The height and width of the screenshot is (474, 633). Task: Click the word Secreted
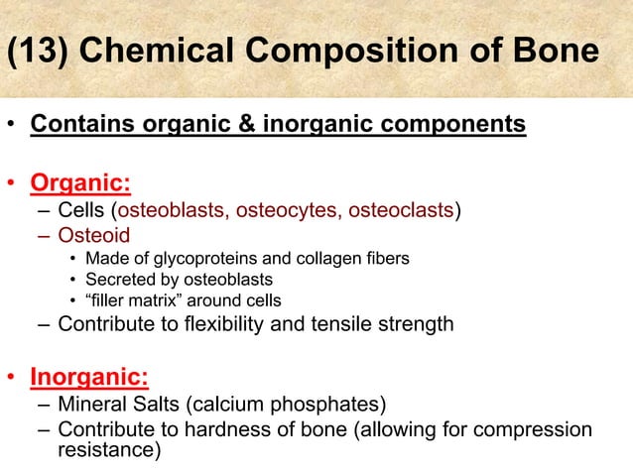[119, 280]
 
